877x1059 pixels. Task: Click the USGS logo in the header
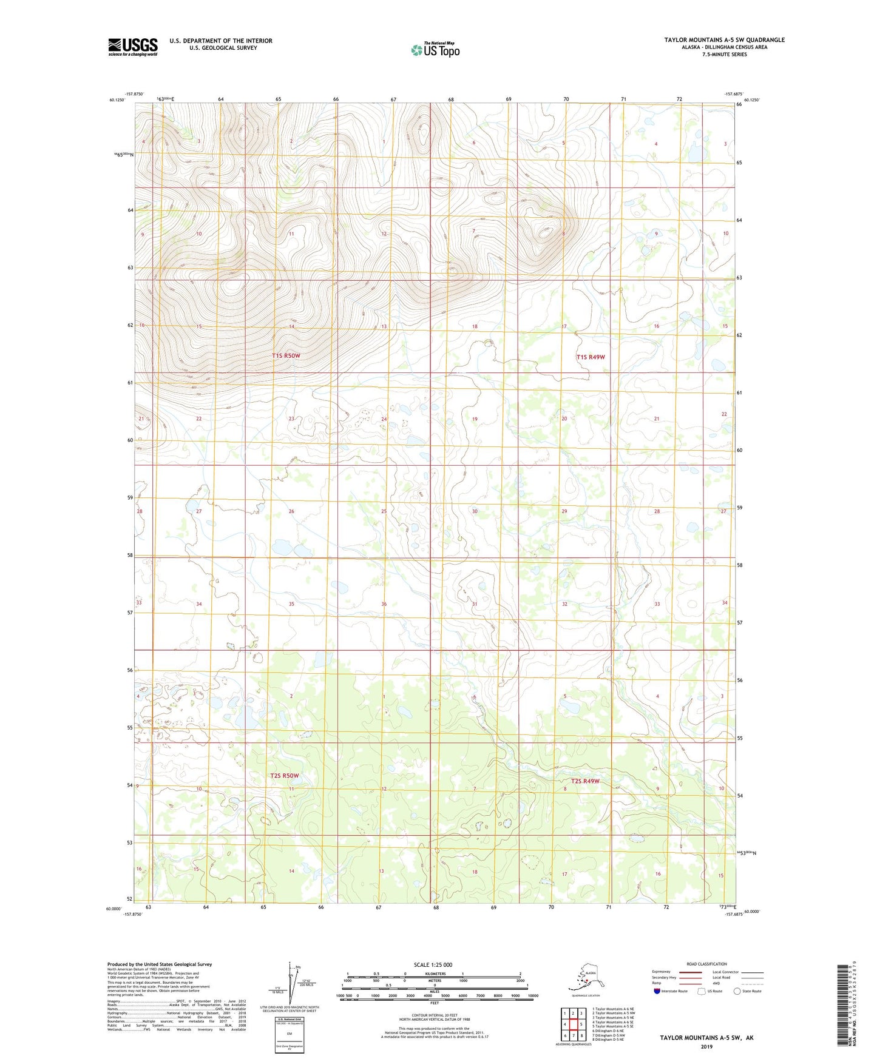click(132, 47)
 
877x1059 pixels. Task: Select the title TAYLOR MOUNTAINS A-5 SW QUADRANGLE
click(724, 40)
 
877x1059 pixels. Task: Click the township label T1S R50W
click(286, 355)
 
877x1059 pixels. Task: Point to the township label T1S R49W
click(591, 357)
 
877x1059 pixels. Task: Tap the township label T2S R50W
click(285, 776)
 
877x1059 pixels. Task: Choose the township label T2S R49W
click(584, 781)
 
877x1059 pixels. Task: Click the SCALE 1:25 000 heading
click(434, 965)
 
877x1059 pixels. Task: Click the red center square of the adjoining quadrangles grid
click(572, 1024)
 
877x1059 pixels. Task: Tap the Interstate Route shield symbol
click(657, 991)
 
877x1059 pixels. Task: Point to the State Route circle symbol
click(737, 991)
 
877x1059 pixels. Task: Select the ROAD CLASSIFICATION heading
click(706, 964)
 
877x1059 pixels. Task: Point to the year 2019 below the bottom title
click(706, 1047)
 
